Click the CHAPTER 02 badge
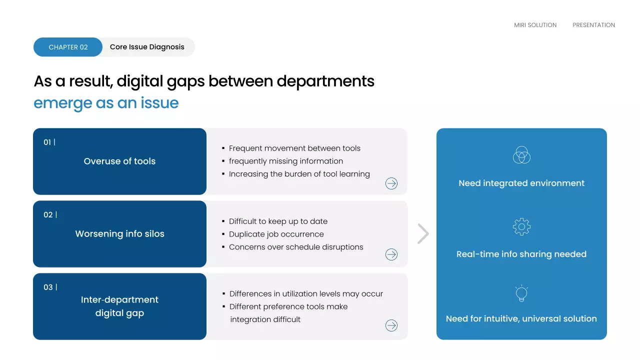tap(68, 47)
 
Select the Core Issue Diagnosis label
tap(147, 47)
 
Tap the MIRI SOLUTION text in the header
tap(535, 25)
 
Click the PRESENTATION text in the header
tap(593, 25)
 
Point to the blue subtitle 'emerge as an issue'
tap(106, 103)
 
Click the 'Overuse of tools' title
tap(119, 161)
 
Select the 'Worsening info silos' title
tap(119, 234)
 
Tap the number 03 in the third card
tap(48, 287)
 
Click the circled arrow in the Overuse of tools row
tap(391, 183)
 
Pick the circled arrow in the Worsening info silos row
tap(391, 254)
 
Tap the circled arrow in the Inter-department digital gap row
tap(391, 325)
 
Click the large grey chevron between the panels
tap(423, 233)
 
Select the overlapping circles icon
tap(521, 154)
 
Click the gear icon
tap(521, 227)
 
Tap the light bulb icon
tap(521, 293)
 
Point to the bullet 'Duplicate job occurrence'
tap(276, 234)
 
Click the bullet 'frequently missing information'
tap(285, 161)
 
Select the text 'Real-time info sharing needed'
tap(521, 254)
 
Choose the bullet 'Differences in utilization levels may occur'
tap(306, 294)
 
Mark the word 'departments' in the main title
tap(325, 81)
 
